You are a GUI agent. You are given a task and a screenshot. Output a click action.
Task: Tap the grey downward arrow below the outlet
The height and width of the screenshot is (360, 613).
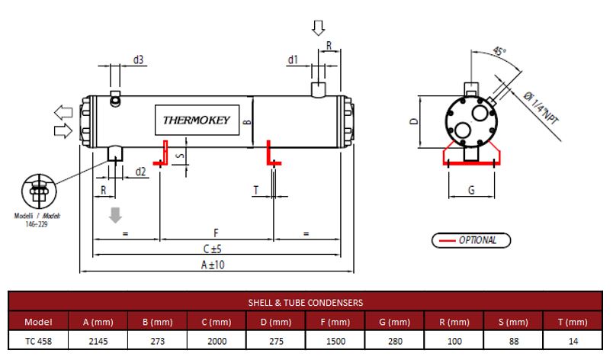point(116,214)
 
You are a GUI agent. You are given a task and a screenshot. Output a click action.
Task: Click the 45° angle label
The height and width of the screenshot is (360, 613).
point(499,53)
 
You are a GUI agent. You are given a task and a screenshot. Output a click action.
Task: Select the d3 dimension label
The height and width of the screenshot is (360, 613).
point(139,59)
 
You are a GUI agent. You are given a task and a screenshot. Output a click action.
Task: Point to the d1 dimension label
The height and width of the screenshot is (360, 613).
point(293,59)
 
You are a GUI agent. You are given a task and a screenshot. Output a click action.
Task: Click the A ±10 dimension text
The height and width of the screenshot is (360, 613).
point(217,265)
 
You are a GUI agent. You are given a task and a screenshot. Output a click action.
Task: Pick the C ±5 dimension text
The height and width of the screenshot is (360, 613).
point(217,249)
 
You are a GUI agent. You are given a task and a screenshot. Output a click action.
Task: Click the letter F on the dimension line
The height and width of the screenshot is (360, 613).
point(217,231)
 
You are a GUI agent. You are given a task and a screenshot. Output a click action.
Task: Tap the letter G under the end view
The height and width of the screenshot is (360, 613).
point(470,190)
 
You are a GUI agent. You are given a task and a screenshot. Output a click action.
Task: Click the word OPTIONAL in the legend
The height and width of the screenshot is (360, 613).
point(477,240)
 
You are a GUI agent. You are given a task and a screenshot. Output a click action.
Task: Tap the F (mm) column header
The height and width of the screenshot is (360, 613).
point(335,321)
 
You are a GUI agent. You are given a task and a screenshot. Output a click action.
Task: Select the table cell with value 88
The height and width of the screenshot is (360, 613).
point(512,340)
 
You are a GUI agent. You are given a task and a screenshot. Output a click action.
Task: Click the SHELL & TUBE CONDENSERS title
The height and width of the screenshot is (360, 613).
point(306,302)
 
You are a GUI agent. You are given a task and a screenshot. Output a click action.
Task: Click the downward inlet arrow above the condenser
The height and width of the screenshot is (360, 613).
point(318,28)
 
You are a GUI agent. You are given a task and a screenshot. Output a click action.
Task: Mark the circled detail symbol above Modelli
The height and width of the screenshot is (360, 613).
point(37,188)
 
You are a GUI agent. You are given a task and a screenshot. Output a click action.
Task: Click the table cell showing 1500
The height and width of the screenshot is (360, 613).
point(335,340)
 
